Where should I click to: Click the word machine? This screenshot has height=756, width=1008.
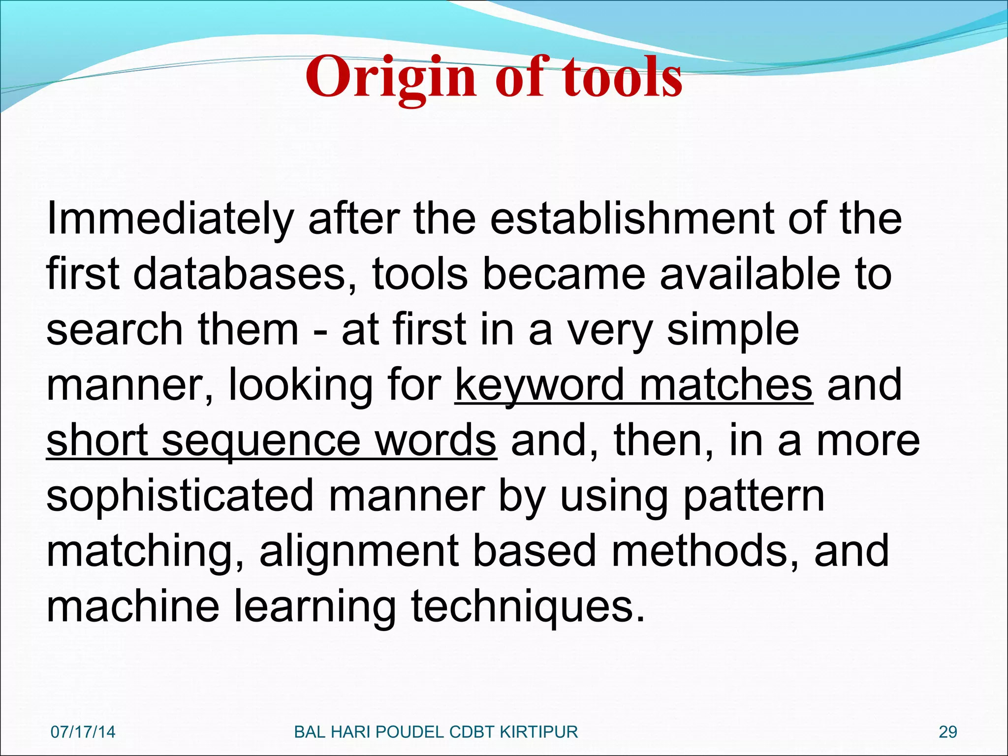pyautogui.click(x=133, y=607)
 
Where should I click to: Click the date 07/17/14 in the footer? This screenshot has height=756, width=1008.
pyautogui.click(x=83, y=732)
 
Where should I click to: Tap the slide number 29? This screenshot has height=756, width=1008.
pyautogui.click(x=948, y=732)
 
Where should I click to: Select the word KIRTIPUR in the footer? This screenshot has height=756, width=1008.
pyautogui.click(x=539, y=732)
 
